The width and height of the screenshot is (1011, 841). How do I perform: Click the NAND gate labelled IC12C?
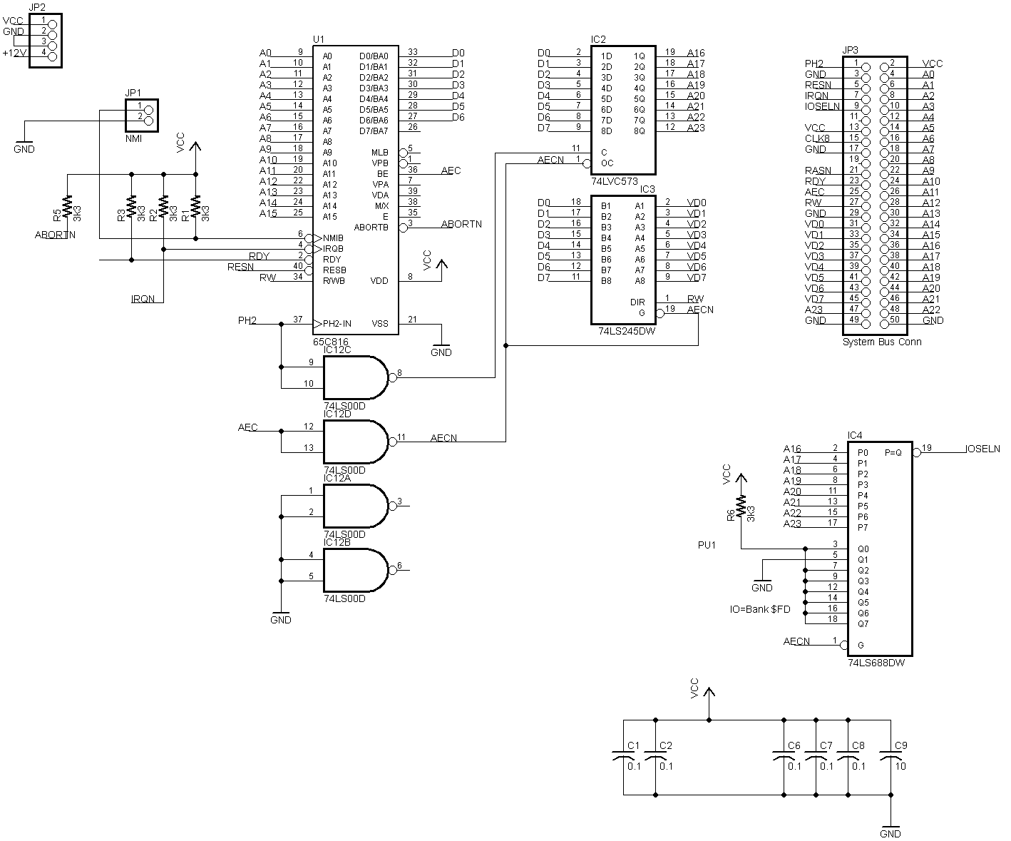pyautogui.click(x=355, y=377)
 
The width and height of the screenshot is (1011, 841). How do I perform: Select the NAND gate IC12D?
pyautogui.click(x=355, y=442)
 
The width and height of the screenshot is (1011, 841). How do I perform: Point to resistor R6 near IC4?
pyautogui.click(x=741, y=507)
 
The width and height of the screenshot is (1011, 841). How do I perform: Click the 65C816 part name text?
pyautogui.click(x=331, y=342)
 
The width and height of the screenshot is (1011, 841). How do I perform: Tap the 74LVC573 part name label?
pyautogui.click(x=615, y=181)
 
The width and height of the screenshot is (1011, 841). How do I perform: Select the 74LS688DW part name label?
pyautogui.click(x=876, y=663)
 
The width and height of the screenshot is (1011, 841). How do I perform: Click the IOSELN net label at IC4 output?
pyautogui.click(x=982, y=449)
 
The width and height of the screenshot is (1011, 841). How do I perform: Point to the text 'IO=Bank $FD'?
pyautogui.click(x=759, y=609)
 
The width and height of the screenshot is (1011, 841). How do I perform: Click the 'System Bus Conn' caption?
pyautogui.click(x=882, y=342)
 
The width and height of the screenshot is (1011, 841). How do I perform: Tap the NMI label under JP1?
pyautogui.click(x=133, y=138)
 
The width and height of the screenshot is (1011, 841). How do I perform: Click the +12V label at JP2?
pyautogui.click(x=14, y=53)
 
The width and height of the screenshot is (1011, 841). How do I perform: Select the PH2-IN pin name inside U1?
pyautogui.click(x=337, y=324)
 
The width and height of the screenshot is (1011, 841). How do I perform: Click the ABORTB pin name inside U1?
pyautogui.click(x=371, y=228)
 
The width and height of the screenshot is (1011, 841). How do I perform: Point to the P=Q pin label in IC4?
pyautogui.click(x=893, y=452)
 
